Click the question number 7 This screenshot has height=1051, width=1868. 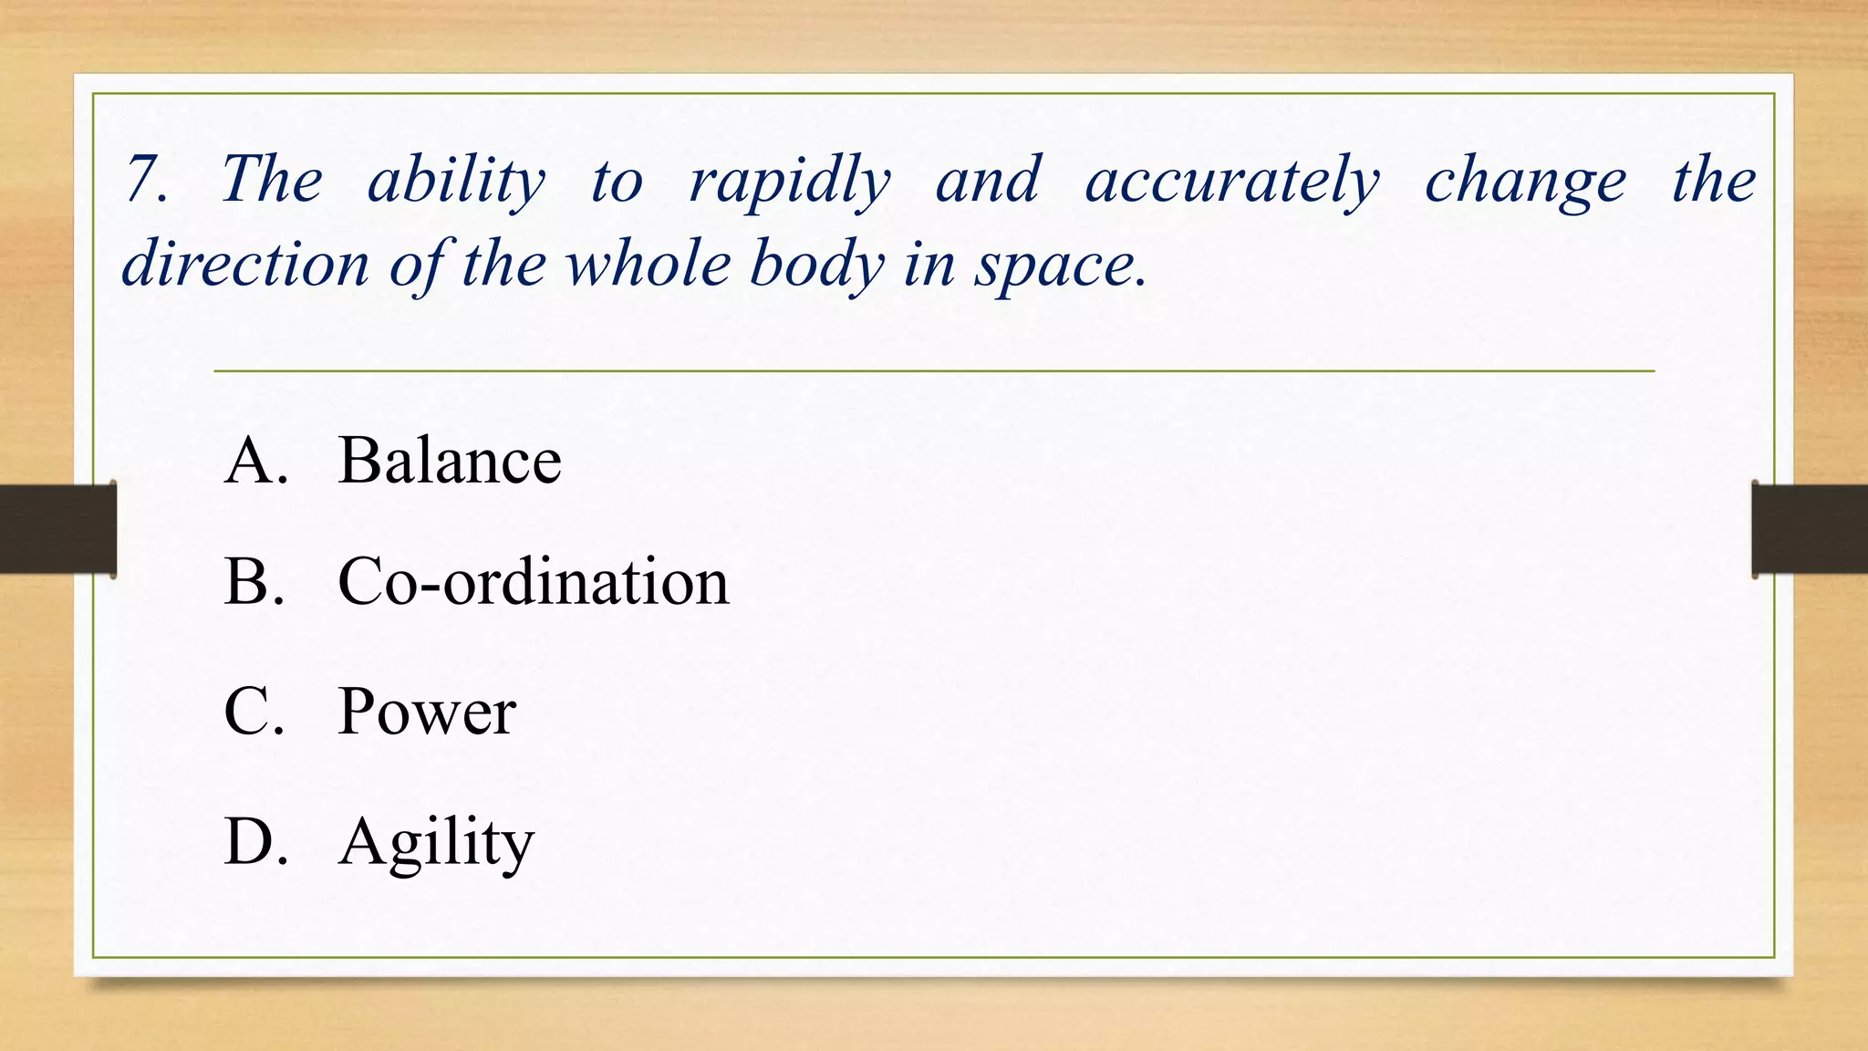tap(146, 179)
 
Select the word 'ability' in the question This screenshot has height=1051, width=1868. tap(456, 181)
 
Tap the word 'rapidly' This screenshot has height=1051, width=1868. tap(789, 181)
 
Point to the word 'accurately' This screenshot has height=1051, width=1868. tap(1232, 181)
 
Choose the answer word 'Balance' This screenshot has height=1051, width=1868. tap(449, 460)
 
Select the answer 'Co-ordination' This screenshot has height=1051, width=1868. tap(533, 581)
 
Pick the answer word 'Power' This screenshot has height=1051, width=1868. tap(426, 712)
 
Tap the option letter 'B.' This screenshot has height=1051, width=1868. tap(254, 581)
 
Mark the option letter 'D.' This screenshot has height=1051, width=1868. tap(255, 841)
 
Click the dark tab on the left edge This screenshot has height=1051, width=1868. tap(57, 529)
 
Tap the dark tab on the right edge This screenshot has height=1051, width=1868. tap(1810, 529)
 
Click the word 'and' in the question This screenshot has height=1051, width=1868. tap(988, 180)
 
